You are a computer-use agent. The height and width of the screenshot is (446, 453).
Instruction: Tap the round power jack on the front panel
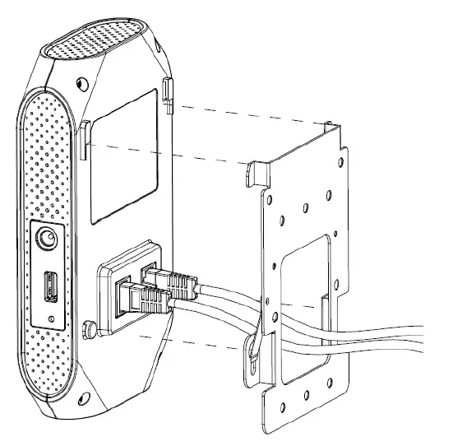[47, 240]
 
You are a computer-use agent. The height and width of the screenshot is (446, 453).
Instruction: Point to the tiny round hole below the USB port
[51, 317]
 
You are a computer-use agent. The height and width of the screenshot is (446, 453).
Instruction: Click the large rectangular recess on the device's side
[124, 156]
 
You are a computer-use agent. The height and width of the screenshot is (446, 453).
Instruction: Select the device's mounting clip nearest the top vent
[167, 92]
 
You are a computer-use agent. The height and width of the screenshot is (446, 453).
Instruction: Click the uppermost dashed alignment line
[247, 107]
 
